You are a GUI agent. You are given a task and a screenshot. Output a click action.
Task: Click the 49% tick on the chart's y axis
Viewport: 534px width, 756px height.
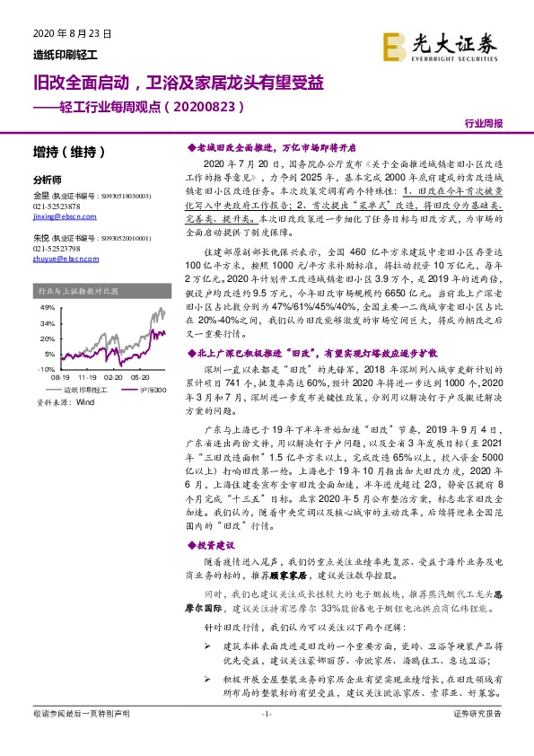[46, 307]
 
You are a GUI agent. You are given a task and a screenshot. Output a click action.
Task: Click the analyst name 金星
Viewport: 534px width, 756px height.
[40, 194]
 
